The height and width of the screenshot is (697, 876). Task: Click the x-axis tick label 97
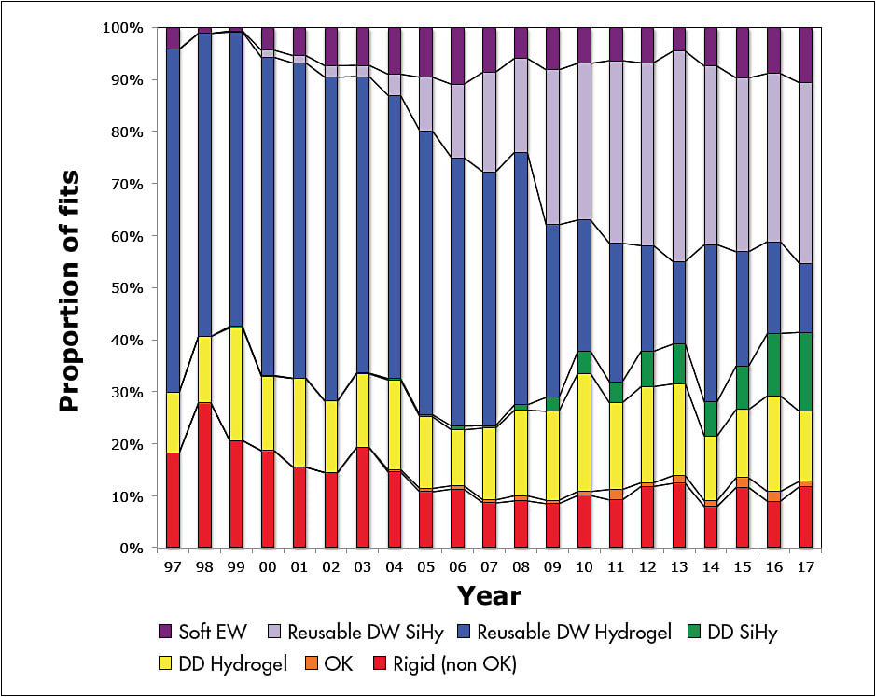point(173,567)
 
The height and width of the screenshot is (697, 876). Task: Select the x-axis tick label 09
point(552,567)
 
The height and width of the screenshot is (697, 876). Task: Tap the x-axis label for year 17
point(805,567)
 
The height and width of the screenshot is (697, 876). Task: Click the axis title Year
point(488,595)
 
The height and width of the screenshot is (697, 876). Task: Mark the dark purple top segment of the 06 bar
point(457,56)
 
